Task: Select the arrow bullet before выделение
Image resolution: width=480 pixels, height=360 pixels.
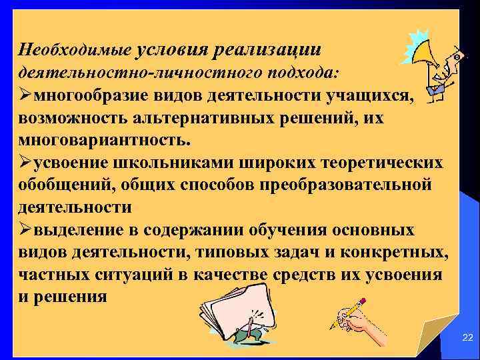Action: click(x=26, y=229)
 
